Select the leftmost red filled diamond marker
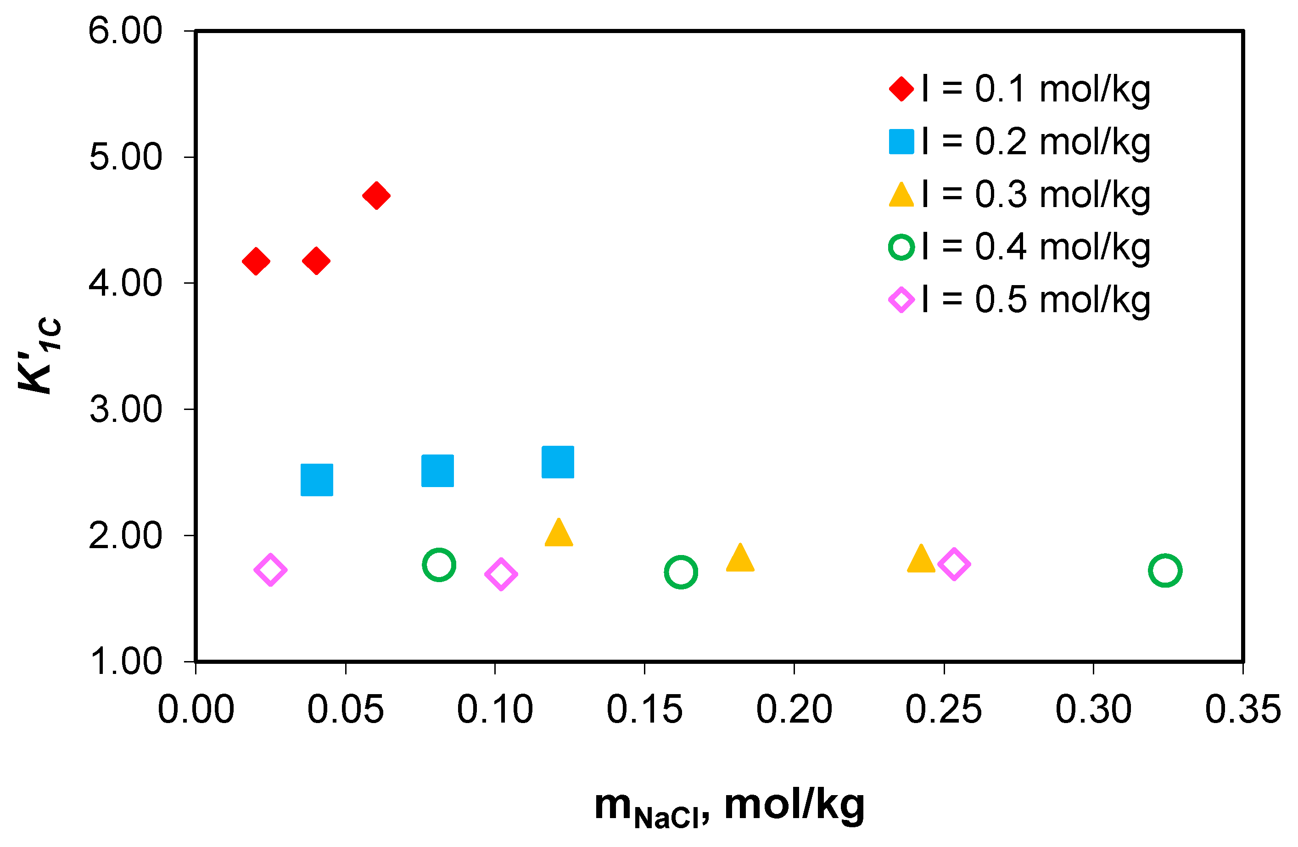tap(256, 261)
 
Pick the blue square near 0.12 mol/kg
tap(557, 462)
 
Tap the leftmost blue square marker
tap(316, 480)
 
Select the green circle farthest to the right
tap(1165, 571)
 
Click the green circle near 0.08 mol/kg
tap(438, 565)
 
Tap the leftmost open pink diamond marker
tap(270, 571)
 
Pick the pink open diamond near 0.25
tap(954, 564)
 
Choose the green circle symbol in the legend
tap(901, 247)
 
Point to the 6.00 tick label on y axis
tap(125, 31)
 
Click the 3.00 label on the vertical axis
tap(125, 409)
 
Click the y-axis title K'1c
tap(39, 354)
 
